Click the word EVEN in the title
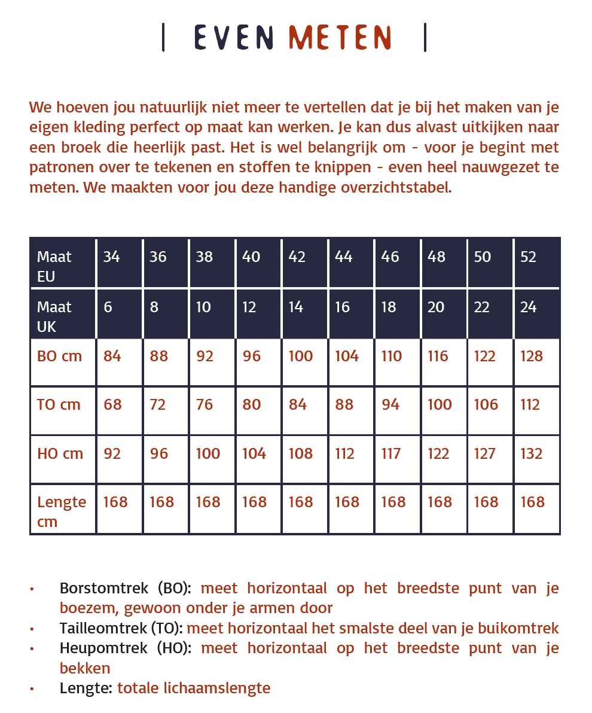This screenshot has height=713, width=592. pyautogui.click(x=234, y=38)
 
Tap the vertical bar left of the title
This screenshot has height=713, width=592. pyautogui.click(x=163, y=38)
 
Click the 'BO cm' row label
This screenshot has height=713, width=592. pyautogui.click(x=59, y=356)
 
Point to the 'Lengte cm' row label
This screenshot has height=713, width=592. pyautogui.click(x=62, y=511)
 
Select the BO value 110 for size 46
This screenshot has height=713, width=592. pyautogui.click(x=392, y=356)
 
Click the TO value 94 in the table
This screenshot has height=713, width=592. pyautogui.click(x=390, y=405)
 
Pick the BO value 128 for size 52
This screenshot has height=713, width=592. pyautogui.click(x=532, y=356)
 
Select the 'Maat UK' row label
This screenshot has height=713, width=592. pyautogui.click(x=54, y=316)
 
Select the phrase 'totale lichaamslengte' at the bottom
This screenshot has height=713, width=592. pyautogui.click(x=194, y=688)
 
